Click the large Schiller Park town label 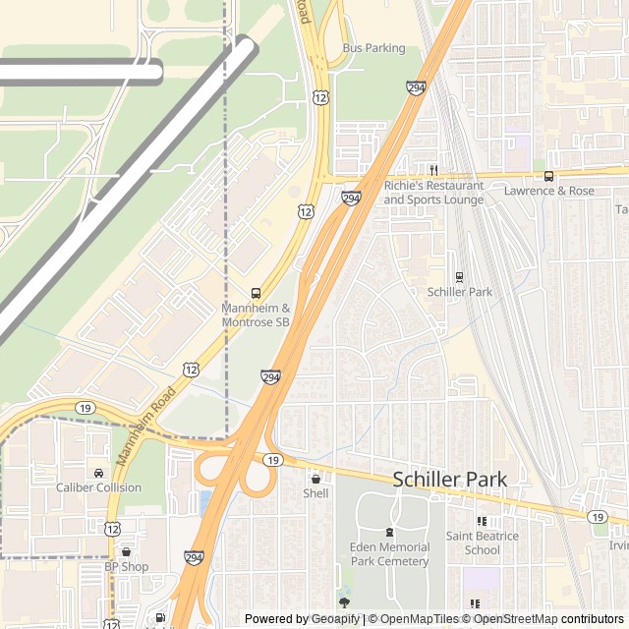point(450,480)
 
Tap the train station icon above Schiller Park point(459,276)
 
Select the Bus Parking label point(373,47)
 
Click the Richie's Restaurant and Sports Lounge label point(433,193)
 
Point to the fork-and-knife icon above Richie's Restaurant point(432,170)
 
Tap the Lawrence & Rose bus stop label point(549,191)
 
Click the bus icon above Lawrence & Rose point(549,176)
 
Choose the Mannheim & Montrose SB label point(256,314)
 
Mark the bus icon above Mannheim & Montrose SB point(256,293)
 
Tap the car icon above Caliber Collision point(97,473)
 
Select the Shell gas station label point(315,493)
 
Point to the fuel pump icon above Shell point(315,479)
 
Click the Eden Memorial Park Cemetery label point(389,554)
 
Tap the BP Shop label point(127,566)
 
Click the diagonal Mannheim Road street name point(145,426)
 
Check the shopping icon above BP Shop point(126,552)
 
